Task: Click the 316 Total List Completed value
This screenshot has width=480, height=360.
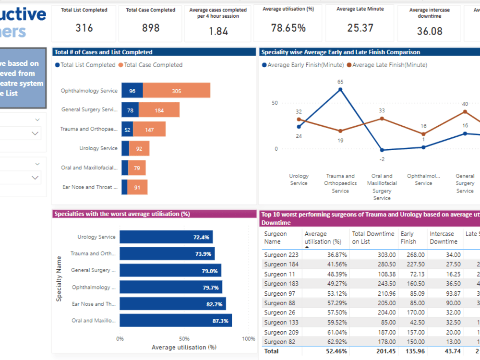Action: coord(84,28)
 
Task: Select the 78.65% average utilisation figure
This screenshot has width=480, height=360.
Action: coord(288,28)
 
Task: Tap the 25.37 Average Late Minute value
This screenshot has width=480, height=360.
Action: coord(360,28)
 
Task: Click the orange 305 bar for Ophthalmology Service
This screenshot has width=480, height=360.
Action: coord(177,91)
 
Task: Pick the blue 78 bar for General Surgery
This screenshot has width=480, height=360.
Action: coord(130,110)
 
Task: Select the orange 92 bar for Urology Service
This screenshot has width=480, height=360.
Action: coord(139,149)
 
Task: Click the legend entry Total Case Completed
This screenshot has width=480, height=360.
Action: coord(150,65)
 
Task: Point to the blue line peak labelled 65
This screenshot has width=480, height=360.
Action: coord(340,89)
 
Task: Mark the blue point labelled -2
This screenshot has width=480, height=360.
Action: coord(382,150)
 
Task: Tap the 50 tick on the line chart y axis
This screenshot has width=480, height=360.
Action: coord(275,103)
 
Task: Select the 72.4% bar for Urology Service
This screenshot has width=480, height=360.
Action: coord(166,237)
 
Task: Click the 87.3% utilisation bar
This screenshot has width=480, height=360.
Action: coord(176,321)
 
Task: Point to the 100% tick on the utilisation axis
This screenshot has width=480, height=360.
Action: coord(249,339)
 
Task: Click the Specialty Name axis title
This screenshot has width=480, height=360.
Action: coord(59,279)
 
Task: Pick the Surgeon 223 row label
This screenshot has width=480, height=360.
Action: coord(281,255)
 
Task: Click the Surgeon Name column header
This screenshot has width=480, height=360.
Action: coord(276,238)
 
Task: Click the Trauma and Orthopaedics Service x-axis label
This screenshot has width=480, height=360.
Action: coord(340,183)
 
